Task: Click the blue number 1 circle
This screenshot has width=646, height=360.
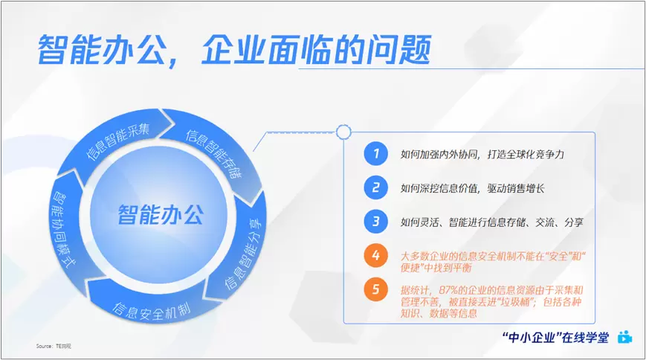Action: [x=375, y=153]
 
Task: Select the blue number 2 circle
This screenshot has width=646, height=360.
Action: [x=375, y=187]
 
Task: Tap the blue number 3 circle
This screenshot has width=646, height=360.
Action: [x=375, y=222]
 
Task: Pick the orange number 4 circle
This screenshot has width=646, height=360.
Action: [x=375, y=255]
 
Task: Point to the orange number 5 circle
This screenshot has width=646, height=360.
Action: [x=375, y=289]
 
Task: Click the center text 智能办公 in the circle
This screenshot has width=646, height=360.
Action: [x=161, y=214]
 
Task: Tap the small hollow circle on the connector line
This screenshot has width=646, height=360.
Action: [x=343, y=132]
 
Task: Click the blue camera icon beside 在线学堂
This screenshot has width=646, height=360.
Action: [x=625, y=337]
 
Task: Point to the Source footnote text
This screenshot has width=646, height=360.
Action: [x=54, y=346]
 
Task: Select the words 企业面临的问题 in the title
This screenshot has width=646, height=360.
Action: [x=316, y=50]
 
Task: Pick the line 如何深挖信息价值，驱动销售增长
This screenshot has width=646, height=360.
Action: [x=473, y=188]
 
